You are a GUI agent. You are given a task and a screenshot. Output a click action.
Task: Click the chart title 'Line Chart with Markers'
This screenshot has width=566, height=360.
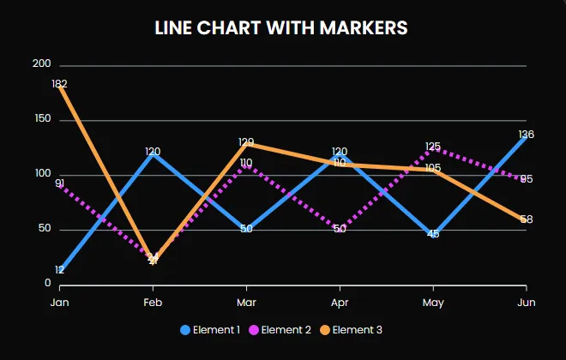tap(281, 28)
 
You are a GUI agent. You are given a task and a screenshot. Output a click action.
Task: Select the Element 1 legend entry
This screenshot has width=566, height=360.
tap(210, 330)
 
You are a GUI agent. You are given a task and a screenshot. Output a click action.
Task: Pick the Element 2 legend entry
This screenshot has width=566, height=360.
tap(282, 330)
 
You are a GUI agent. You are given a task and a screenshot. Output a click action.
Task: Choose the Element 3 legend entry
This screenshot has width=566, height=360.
tap(352, 330)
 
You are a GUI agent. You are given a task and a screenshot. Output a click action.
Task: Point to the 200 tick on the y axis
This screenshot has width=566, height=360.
tap(41, 64)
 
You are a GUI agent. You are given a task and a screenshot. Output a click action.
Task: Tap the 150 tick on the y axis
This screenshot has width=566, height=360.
tap(41, 119)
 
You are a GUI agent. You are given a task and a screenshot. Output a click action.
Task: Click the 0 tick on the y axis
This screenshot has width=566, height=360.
tap(48, 284)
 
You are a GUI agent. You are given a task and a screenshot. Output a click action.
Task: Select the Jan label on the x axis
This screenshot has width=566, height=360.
tap(59, 303)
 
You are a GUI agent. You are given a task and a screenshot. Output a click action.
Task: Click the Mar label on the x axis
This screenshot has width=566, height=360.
tap(246, 303)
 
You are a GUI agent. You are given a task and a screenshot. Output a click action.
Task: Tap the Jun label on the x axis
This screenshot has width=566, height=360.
tap(527, 303)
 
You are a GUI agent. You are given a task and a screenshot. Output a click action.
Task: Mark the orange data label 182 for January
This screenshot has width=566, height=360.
tap(59, 84)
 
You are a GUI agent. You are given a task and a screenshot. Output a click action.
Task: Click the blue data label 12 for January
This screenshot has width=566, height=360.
tap(59, 270)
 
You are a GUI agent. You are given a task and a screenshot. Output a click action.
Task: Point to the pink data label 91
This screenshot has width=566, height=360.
tap(59, 183)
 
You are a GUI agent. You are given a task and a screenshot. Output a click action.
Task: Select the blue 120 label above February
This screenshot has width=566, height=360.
tap(153, 152)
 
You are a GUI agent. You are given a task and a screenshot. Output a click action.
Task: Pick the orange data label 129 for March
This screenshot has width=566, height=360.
tap(246, 142)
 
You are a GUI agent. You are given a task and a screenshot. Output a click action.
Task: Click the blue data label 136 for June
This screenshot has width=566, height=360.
tap(527, 135)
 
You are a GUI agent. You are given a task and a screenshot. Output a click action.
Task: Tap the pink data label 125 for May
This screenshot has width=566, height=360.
tap(433, 147)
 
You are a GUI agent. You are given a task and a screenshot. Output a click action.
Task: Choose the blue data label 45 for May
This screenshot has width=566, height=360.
tap(433, 234)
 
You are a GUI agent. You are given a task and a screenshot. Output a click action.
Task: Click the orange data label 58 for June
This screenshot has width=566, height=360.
tap(527, 219)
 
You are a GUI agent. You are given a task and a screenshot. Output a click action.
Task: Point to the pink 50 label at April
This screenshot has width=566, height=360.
tap(340, 229)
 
